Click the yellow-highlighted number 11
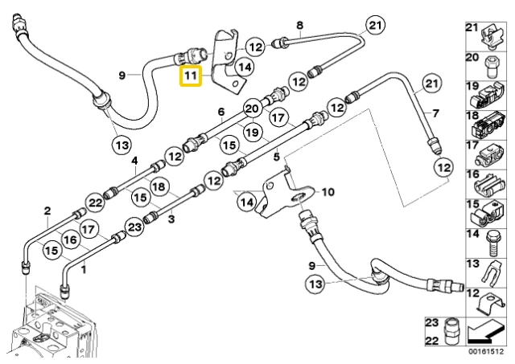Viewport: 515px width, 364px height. coord(190,76)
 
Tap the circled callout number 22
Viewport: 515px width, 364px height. coord(96,202)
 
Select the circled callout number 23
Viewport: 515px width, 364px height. coord(134,227)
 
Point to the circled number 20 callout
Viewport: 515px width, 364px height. coord(252,108)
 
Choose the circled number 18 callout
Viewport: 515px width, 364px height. coord(159,186)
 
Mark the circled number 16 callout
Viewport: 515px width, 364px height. coord(70,239)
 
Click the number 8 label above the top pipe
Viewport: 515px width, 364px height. coord(299,25)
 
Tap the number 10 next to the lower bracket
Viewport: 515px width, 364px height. coord(328,192)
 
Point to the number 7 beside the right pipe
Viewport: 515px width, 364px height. coord(435,113)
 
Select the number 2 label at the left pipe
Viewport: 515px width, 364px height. coord(47,211)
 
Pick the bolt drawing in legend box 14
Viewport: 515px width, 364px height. coord(492,243)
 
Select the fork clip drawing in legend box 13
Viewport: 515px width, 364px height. coord(490,273)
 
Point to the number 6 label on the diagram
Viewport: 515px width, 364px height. coord(221,112)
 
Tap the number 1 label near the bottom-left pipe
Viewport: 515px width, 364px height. coord(84,269)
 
